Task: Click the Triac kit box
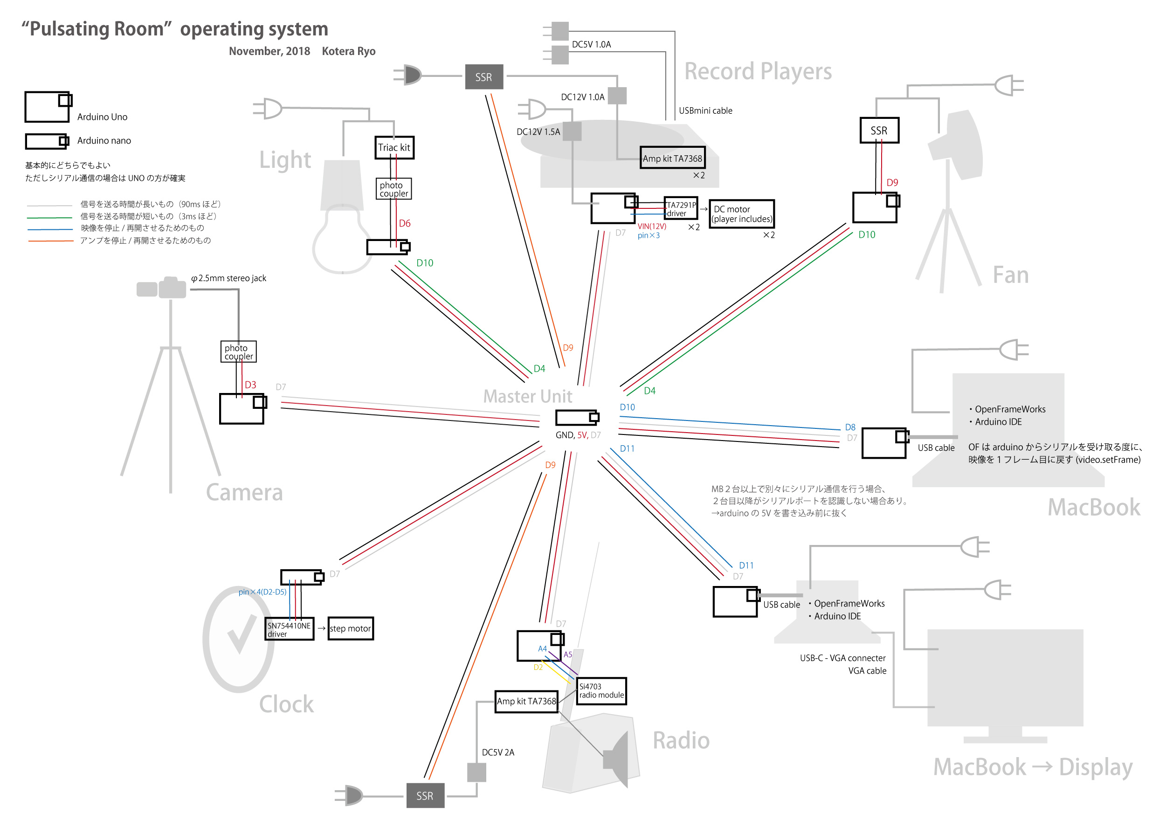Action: tap(394, 148)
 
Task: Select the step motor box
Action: tap(350, 628)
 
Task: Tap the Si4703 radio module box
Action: tap(601, 691)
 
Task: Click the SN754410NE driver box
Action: tap(289, 629)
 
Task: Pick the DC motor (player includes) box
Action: tap(741, 214)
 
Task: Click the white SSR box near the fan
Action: tap(879, 131)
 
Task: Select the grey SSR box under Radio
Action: tap(425, 795)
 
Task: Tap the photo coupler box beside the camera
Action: tap(238, 352)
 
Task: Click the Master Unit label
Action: tap(527, 396)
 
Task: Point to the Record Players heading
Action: tap(758, 71)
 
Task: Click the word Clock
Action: tap(286, 704)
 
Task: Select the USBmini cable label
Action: tap(705, 110)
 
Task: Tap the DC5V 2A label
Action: tap(497, 752)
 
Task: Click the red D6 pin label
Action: tap(405, 223)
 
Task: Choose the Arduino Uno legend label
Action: tap(102, 117)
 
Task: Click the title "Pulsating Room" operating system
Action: tap(175, 29)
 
